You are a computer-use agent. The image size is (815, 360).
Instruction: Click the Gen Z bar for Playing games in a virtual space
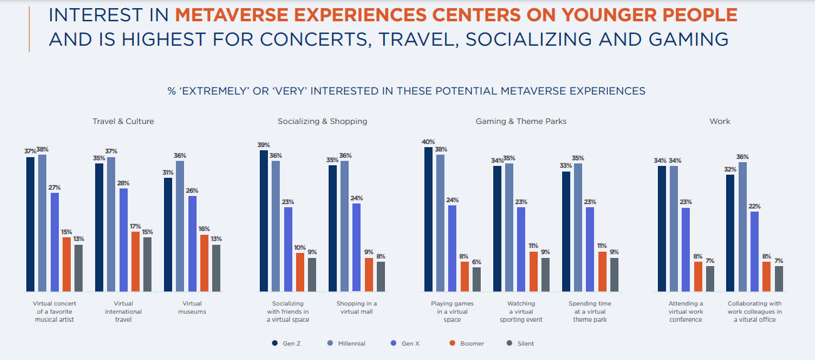tap(428, 219)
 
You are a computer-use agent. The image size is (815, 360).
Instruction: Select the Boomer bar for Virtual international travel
tap(135, 261)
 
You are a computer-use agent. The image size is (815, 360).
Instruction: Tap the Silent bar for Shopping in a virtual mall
tap(381, 276)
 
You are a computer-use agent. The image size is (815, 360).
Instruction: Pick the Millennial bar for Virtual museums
tap(180, 226)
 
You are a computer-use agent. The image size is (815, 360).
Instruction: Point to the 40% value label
tap(428, 142)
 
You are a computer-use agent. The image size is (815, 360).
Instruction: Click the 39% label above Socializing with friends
tap(264, 145)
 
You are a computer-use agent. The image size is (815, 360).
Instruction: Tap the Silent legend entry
tap(520, 343)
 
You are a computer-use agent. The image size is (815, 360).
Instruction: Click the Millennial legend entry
tap(346, 343)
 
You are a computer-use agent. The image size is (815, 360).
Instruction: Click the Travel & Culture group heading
tap(123, 121)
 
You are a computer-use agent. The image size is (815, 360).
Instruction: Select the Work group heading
tap(720, 121)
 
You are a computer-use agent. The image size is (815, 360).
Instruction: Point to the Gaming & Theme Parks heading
tap(521, 121)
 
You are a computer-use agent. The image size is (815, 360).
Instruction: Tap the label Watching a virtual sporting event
tap(521, 311)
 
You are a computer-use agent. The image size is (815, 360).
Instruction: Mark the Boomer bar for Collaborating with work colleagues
tap(766, 276)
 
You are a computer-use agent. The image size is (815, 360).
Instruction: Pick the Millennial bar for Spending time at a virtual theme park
tap(578, 227)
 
